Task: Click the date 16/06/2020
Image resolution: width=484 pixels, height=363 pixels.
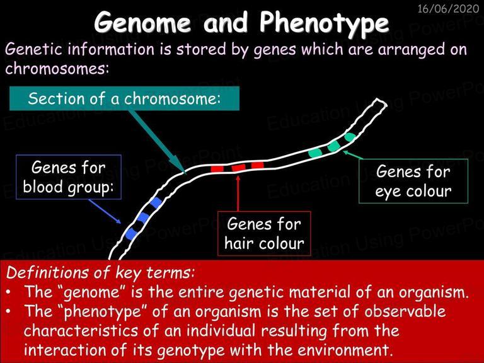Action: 448,9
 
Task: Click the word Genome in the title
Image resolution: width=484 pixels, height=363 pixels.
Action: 143,23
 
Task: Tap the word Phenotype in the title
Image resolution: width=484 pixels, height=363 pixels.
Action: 324,25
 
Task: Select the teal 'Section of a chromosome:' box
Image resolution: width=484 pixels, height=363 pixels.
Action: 124,98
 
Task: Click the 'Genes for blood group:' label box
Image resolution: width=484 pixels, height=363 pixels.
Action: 69,177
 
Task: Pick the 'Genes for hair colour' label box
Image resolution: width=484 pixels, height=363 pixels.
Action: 264,233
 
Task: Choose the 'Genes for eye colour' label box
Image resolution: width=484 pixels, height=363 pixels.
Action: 413,181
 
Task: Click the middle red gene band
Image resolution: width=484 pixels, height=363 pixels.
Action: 239,168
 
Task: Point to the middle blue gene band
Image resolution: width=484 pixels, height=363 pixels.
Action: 143,217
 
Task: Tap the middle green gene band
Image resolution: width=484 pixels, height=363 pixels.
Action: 333,146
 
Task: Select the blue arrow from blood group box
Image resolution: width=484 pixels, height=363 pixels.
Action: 105,211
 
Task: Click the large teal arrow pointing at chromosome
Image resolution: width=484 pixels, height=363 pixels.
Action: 157,141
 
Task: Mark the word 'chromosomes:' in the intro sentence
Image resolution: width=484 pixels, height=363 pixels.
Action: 57,68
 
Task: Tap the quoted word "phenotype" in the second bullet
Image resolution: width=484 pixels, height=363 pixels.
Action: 105,312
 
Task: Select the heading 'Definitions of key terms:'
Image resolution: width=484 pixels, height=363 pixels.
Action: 100,272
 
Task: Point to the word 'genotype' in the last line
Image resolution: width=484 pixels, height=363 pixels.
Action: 191,350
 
